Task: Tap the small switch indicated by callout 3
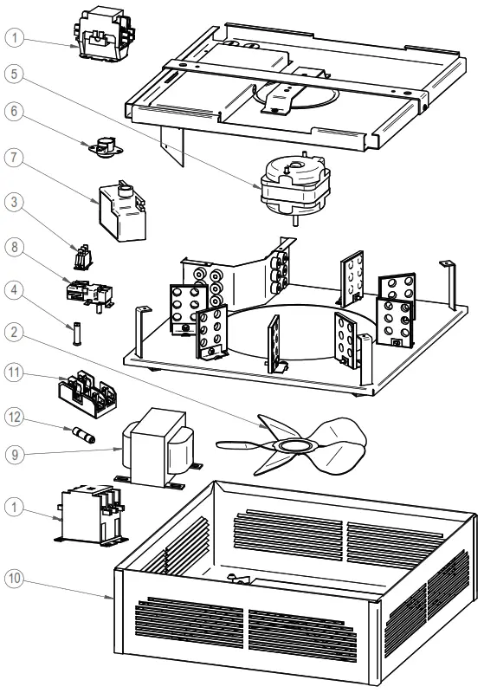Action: point(83,257)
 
